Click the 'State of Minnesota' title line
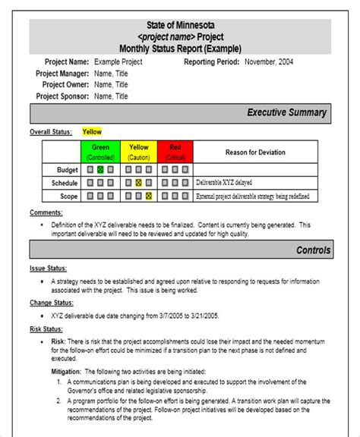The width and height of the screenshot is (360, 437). click(180, 26)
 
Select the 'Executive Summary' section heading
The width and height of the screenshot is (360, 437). click(286, 113)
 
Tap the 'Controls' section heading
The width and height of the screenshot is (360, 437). click(313, 250)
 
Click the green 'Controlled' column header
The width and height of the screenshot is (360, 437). click(100, 151)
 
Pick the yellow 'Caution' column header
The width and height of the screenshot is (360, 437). click(138, 151)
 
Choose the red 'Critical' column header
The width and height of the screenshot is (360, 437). click(175, 151)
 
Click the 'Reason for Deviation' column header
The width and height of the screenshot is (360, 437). click(255, 152)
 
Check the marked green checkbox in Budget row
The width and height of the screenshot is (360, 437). click(100, 169)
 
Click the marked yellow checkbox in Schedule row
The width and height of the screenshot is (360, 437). click(138, 183)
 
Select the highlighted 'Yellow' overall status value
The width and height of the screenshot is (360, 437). click(91, 132)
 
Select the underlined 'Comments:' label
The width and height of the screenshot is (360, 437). click(46, 212)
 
